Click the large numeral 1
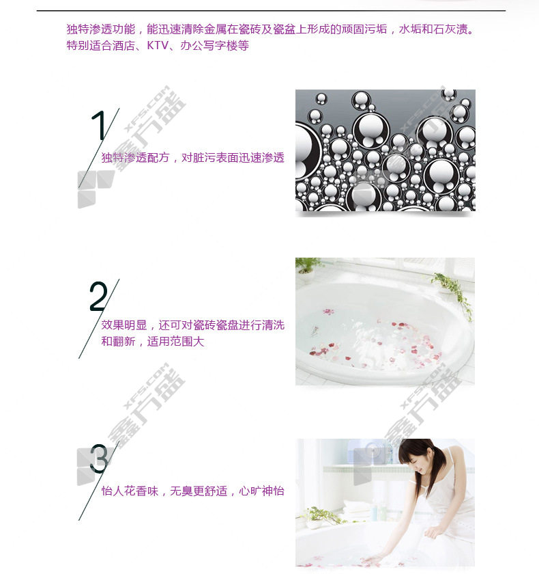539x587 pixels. pos(100,126)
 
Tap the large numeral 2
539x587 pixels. pos(98,296)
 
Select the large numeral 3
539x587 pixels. pos(99,459)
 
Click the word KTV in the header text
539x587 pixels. pos(158,45)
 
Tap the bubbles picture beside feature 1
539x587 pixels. pos(385,150)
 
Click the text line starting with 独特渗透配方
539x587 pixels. pos(193,158)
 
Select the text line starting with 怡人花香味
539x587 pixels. pos(193,491)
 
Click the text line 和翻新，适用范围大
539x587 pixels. pos(153,341)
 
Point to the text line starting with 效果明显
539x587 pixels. pos(193,325)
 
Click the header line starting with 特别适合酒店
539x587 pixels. pos(158,45)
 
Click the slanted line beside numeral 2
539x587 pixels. pos(99,318)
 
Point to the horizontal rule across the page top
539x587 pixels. pos(271,11)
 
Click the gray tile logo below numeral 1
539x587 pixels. pos(96,189)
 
